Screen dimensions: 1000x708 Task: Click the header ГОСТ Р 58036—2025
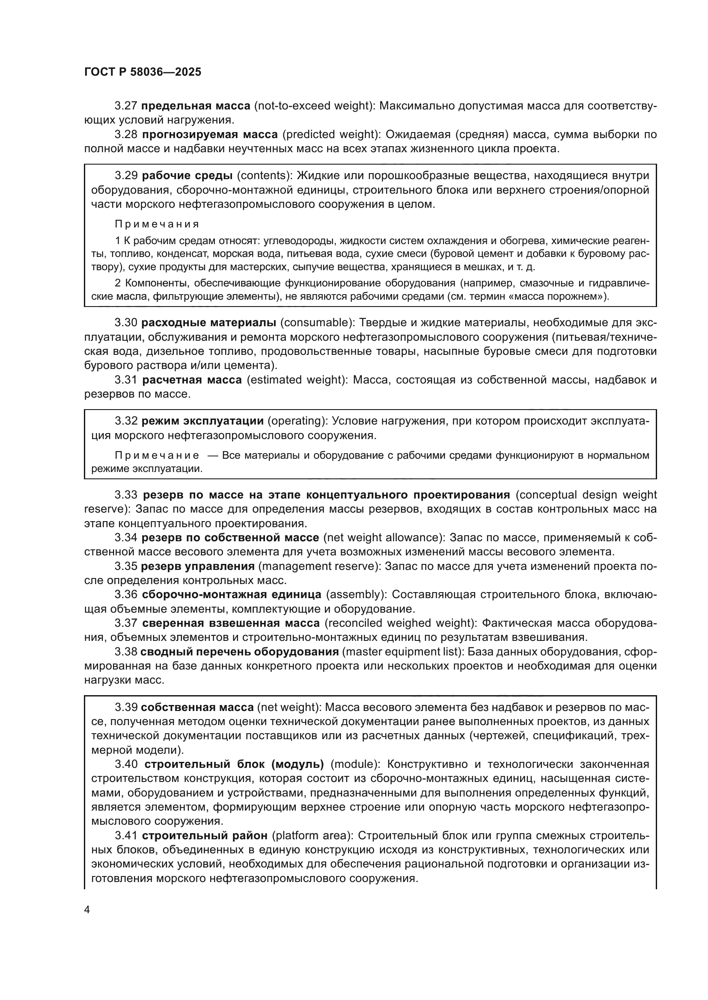pos(143,72)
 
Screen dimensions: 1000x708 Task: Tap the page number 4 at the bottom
pos(87,910)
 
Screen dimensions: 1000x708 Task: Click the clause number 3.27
pos(126,106)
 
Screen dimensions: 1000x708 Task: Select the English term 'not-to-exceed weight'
pos(313,106)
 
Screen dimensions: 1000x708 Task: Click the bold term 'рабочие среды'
pos(187,176)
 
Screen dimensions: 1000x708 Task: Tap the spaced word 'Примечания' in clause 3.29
pos(157,224)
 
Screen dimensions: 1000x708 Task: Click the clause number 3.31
pos(126,380)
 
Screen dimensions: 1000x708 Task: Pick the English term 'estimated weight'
pos(297,380)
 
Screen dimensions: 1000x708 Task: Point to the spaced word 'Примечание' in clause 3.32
pos(157,456)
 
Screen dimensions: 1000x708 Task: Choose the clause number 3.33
pos(126,495)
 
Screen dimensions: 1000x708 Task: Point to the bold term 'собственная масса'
pos(197,707)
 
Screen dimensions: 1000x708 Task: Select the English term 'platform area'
pos(312,835)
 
